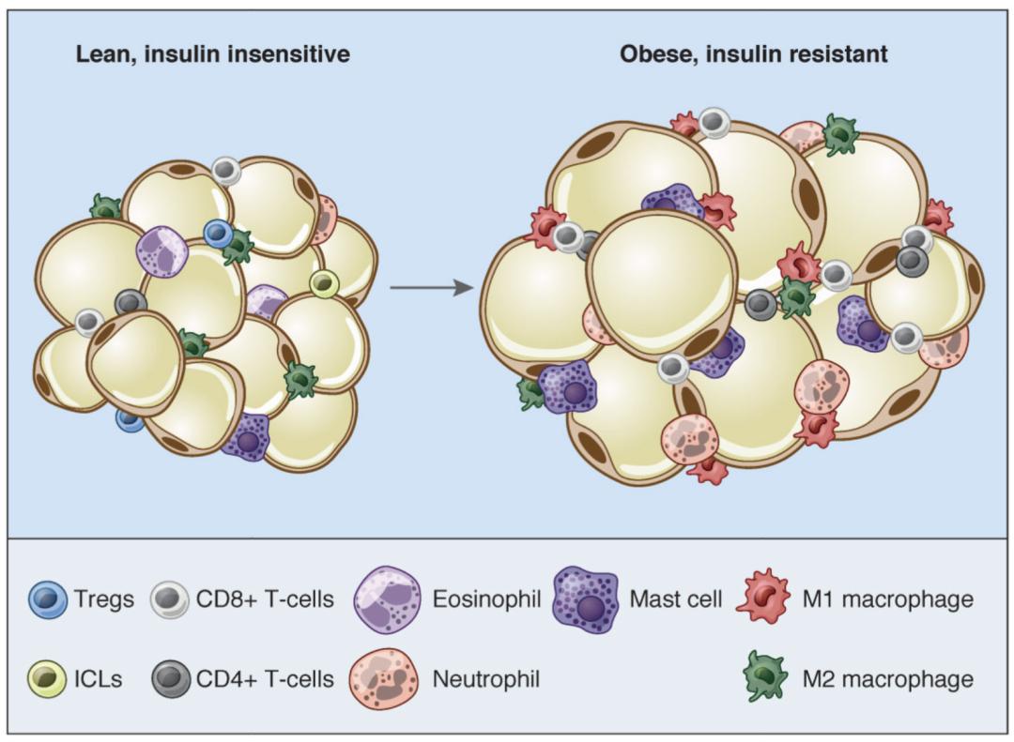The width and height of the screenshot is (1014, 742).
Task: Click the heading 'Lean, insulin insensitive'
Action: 213,53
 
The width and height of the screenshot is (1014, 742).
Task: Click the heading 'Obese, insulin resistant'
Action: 754,53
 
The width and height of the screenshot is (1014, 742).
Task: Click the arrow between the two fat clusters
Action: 431,286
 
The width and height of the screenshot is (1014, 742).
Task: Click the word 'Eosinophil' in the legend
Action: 486,598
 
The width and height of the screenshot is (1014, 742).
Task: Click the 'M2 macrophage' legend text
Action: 887,678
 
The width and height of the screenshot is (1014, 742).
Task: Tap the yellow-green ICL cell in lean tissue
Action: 324,282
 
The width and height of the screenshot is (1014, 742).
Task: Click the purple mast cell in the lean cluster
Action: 248,437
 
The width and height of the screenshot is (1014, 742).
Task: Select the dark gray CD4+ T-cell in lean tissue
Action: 131,302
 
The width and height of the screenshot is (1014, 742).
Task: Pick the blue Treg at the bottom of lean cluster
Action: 131,419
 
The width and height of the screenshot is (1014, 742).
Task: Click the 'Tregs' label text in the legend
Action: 105,598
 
